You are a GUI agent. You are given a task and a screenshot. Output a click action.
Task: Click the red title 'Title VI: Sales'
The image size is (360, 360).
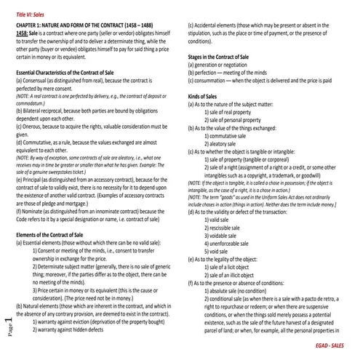click(31, 15)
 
